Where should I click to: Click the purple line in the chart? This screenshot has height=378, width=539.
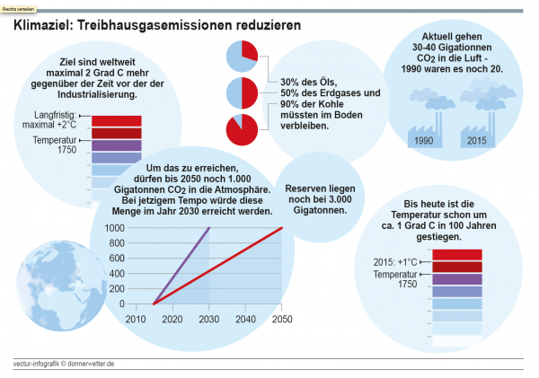click(x=181, y=266)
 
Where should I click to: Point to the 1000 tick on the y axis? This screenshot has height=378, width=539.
click(x=116, y=228)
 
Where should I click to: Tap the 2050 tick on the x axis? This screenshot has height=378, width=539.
click(x=281, y=320)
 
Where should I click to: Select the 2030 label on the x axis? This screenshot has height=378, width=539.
click(x=208, y=320)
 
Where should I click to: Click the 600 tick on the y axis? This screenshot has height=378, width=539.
click(x=119, y=259)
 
